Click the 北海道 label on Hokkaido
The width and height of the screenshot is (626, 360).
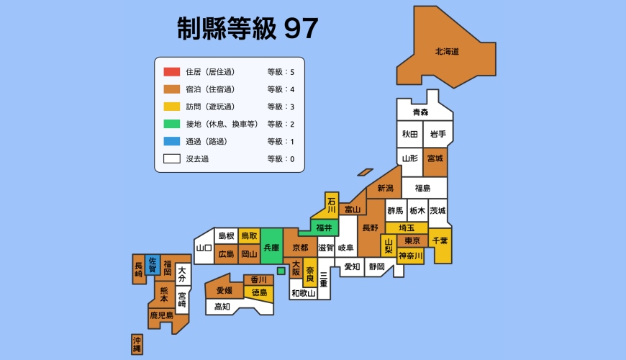(x=447, y=52)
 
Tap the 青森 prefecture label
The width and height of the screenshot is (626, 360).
(x=420, y=112)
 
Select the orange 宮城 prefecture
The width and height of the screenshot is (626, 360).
(x=435, y=158)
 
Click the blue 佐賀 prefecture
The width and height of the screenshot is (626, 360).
(x=153, y=266)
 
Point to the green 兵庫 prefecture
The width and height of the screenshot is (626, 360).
(x=271, y=247)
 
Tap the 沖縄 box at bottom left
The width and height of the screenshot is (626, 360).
(x=137, y=344)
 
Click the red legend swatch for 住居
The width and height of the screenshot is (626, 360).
(x=171, y=72)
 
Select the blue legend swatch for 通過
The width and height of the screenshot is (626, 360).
(x=171, y=142)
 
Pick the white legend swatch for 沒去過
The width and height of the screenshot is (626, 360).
(x=171, y=159)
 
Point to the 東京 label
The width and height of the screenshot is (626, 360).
(x=412, y=240)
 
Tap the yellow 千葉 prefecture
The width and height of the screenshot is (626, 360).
(x=440, y=245)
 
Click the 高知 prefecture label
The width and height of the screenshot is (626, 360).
(x=222, y=307)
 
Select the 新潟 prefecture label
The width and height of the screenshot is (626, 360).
(x=385, y=189)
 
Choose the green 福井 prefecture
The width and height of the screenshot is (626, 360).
(x=324, y=228)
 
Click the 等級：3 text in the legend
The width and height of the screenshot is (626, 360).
(x=281, y=107)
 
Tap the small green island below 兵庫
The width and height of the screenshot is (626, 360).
(x=281, y=271)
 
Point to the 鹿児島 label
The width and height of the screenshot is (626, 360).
(x=161, y=315)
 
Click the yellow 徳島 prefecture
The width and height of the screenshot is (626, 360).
(x=259, y=292)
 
